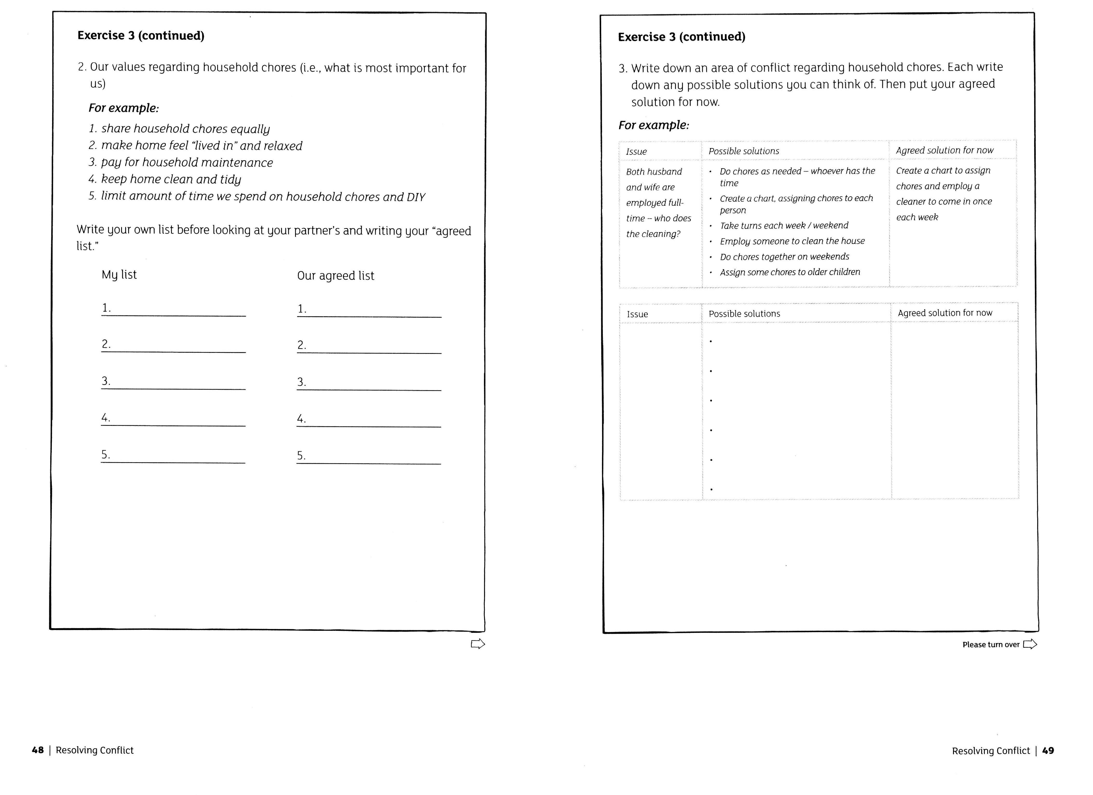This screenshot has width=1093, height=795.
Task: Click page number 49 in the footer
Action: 1048,751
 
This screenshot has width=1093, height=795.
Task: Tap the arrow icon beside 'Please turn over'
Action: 1030,644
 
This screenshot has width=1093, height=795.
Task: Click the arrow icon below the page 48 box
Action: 477,644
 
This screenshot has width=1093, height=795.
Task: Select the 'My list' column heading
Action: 119,275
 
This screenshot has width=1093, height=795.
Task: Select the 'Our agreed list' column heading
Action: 336,275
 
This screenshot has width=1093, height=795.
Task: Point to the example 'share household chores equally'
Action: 185,129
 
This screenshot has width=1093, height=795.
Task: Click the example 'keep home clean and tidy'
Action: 170,180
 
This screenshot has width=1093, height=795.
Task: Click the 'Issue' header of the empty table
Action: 637,314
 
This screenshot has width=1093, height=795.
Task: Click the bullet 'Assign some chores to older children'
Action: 789,272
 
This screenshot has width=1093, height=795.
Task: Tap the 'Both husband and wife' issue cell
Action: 658,203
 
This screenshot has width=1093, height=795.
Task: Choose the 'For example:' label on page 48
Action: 123,108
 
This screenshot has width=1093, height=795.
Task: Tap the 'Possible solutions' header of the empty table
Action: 744,314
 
